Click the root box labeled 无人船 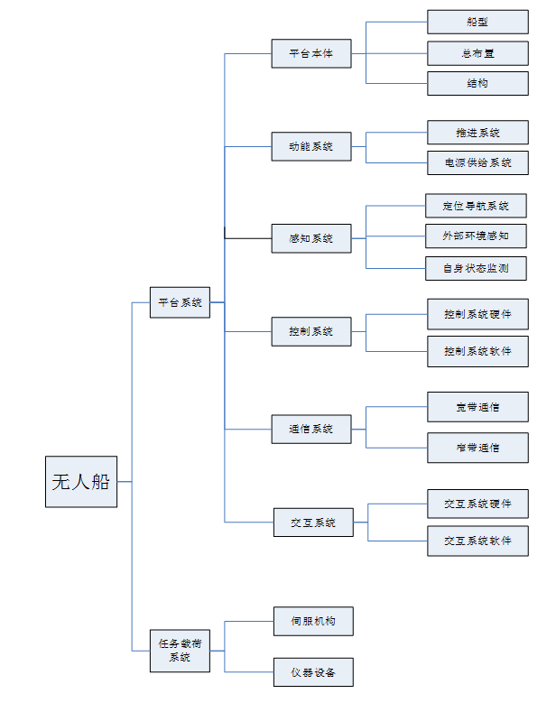[81, 482]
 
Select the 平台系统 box [181, 302]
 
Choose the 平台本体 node [311, 53]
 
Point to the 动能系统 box [311, 146]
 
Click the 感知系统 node [311, 238]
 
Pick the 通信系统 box [311, 429]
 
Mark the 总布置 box [477, 53]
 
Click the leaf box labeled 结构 [477, 84]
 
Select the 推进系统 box [477, 133]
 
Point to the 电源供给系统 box [477, 163]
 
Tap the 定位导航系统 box [476, 206]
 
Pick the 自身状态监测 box [476, 268]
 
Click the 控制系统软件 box [477, 351]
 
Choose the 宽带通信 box [477, 407]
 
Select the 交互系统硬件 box [477, 504]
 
